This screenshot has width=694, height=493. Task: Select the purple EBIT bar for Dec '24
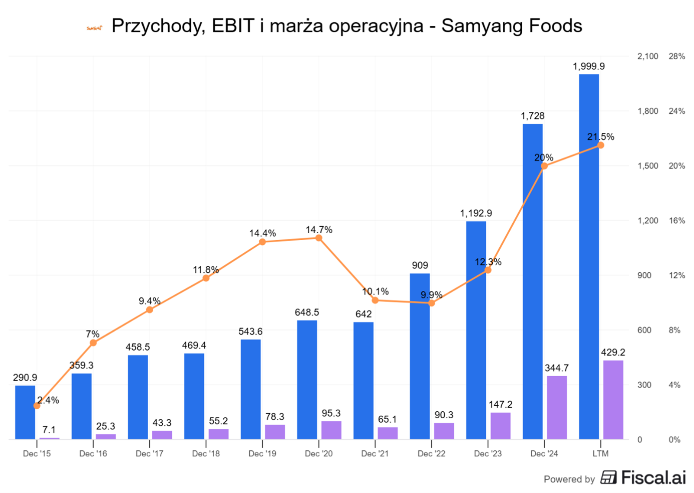pos(556,408)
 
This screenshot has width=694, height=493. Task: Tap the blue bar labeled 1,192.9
pos(476,330)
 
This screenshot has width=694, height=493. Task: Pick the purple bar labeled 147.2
pos(500,426)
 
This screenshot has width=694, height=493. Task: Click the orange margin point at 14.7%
pos(319,238)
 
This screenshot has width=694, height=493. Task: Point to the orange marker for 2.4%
pos(37,405)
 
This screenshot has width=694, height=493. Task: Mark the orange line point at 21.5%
pos(601,145)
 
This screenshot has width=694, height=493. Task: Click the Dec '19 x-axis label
pos(262,454)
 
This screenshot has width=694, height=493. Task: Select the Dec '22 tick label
pos(432,454)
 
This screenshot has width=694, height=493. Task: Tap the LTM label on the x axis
pos(600,454)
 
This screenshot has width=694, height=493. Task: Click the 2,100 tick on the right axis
pos(647,57)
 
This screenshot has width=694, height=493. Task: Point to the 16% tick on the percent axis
pos(676,221)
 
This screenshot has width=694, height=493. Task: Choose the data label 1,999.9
pos(588,66)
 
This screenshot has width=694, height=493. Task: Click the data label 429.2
pos(613,353)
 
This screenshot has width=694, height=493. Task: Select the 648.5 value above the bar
pos(307,312)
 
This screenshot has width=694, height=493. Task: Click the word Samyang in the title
pos(478,26)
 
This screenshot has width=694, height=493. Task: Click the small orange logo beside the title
pos(94,28)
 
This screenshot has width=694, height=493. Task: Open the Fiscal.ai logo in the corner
pos(643,478)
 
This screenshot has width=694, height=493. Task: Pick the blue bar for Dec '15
pos(25,412)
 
